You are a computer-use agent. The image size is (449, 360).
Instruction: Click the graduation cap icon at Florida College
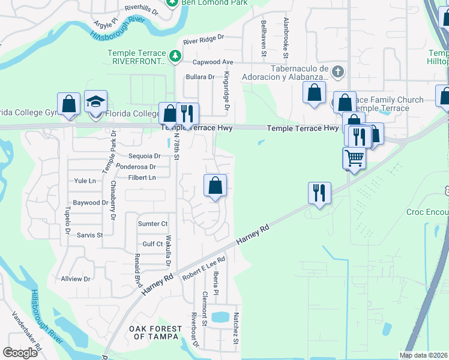pyautogui.click(x=95, y=102)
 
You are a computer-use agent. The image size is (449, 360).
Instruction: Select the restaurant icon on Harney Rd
pyautogui.click(x=319, y=193)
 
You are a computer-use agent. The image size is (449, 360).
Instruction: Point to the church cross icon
pyautogui.click(x=337, y=73)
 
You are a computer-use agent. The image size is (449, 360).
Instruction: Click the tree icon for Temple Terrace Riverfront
pyautogui.click(x=175, y=56)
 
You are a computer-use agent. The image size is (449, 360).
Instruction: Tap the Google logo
pyautogui.click(x=20, y=353)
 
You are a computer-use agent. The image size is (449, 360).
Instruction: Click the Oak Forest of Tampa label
pyautogui.click(x=155, y=332)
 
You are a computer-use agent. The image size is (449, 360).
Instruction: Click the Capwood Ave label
pyautogui.click(x=212, y=62)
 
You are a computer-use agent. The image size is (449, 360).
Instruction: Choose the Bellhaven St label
pyautogui.click(x=264, y=38)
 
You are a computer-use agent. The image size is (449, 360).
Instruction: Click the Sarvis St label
pyautogui.click(x=89, y=235)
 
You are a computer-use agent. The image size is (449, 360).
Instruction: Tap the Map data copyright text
pyautogui.click(x=424, y=355)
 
